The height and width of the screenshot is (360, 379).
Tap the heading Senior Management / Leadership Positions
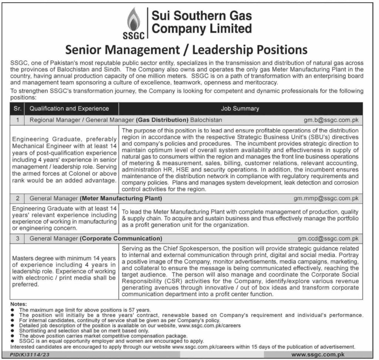187,50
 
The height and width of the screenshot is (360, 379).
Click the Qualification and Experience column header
69,108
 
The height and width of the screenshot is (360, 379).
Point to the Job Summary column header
240,108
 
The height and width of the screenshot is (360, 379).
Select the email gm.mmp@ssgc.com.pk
326,198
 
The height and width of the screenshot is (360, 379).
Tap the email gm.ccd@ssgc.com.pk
328,239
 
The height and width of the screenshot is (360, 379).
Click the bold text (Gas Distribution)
162,120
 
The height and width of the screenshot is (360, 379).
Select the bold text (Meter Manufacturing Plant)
121,198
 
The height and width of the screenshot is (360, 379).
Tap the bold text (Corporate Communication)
121,239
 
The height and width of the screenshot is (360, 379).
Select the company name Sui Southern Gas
202,16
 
